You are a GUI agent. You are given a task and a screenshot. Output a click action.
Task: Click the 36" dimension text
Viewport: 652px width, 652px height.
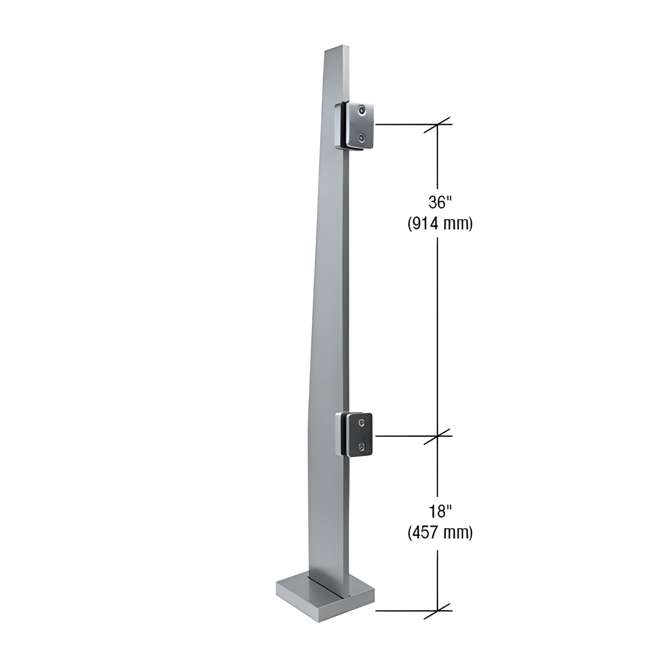coord(440,202)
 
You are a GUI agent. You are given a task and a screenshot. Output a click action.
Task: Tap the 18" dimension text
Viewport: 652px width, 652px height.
coord(440,512)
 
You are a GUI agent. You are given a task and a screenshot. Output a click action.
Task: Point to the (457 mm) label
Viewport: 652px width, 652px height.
coord(440,533)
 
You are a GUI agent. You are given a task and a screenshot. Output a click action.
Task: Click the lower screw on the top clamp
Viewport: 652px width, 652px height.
coord(362,137)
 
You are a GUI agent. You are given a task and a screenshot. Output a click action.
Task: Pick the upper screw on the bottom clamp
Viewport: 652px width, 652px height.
coord(362,422)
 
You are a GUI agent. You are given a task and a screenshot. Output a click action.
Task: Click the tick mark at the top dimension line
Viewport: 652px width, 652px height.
coord(438,125)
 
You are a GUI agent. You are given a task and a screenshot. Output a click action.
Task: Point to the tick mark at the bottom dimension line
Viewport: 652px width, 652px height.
coord(438,611)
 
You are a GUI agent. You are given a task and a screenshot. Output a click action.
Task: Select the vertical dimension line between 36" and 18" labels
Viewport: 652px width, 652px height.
coord(438,337)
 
